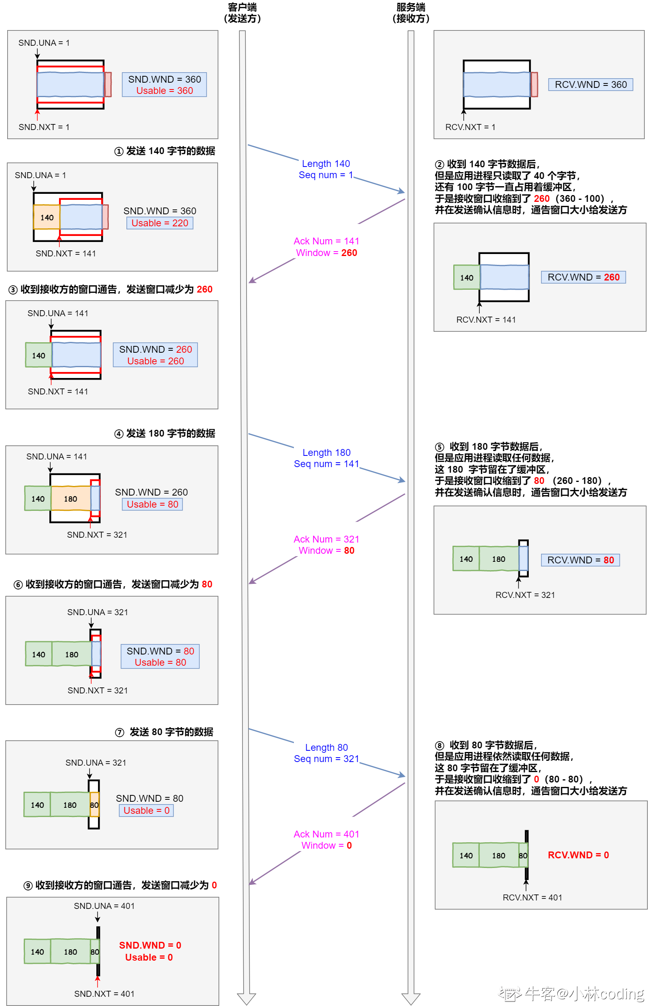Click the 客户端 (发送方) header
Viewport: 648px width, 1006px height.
tap(242, 13)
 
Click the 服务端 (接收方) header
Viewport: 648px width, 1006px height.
tap(411, 13)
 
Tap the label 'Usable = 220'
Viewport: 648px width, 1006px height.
tap(160, 223)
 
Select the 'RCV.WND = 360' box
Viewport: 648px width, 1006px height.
tap(590, 85)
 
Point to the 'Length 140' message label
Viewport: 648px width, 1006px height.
tap(326, 164)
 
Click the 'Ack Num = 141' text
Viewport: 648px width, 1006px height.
tap(326, 241)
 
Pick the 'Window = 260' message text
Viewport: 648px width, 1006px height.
tap(326, 253)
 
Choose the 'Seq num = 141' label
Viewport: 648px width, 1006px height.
tap(326, 464)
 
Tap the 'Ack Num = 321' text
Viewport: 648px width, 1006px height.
tap(326, 539)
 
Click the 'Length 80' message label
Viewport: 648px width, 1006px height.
tap(326, 747)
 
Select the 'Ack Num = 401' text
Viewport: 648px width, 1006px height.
tap(326, 834)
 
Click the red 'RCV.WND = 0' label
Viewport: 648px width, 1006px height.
tap(578, 855)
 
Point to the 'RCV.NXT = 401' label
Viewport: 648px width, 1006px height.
tap(532, 898)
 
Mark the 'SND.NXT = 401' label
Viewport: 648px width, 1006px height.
tap(104, 994)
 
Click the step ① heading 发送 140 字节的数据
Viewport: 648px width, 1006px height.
tap(165, 151)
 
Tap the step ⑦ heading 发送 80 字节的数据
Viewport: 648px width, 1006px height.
tap(165, 732)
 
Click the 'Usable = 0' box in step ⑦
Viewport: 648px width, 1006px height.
tap(147, 811)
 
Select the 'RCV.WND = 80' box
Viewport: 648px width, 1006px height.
tap(580, 560)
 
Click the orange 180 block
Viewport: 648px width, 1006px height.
tap(71, 499)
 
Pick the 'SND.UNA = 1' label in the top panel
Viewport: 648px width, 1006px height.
tap(44, 43)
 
